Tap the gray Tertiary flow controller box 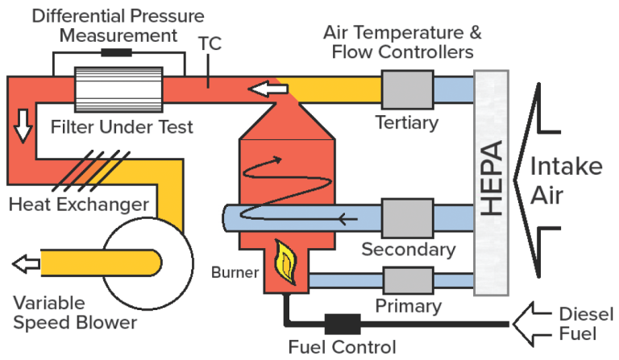[406, 88]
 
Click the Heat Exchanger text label [79, 203]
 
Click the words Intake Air [565, 181]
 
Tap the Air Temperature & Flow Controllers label [402, 43]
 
